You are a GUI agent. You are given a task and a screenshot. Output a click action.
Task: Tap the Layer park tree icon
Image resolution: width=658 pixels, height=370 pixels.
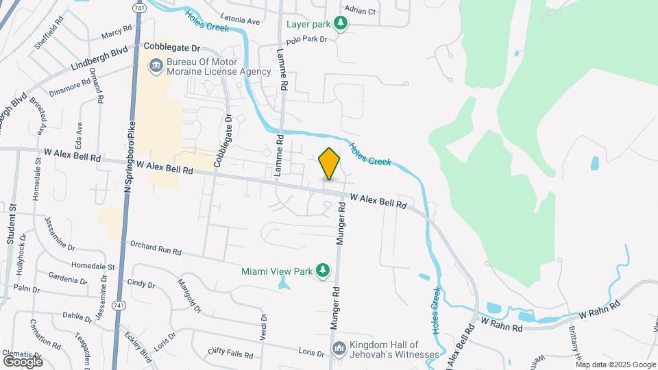[340, 25]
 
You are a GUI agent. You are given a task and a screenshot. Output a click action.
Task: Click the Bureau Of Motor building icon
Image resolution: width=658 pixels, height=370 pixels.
[156, 66]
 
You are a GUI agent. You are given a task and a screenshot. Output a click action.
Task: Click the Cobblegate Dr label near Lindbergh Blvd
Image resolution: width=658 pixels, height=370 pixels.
[171, 48]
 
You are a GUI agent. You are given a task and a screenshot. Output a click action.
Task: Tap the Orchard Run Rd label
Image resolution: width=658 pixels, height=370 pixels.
[156, 247]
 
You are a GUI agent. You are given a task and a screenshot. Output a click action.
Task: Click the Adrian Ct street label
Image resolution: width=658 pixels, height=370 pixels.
[361, 11]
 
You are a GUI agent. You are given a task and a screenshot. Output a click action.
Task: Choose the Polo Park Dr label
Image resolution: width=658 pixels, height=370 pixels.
[307, 38]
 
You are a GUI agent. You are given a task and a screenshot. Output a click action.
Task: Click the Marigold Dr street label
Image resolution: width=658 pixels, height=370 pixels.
[189, 296]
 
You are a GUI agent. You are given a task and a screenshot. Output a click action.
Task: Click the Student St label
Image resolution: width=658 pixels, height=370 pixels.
[12, 223]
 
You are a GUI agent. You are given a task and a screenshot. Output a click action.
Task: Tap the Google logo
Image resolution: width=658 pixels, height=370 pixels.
[23, 361]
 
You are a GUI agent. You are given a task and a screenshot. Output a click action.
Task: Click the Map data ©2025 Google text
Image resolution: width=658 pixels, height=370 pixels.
[615, 365]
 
